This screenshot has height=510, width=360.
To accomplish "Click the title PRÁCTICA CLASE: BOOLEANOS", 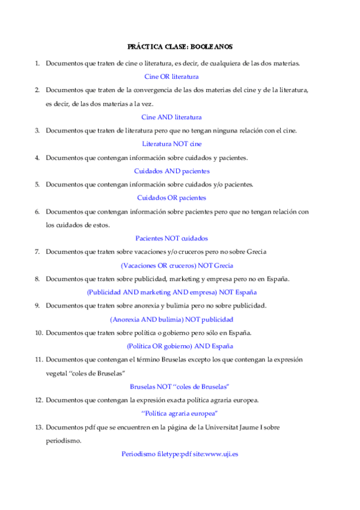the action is pos(180,46).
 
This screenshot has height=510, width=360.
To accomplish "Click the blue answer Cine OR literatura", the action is pos(171,76).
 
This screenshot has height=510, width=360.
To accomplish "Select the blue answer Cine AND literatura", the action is pos(171,117).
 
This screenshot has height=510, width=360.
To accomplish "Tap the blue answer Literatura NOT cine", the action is pos(171,144).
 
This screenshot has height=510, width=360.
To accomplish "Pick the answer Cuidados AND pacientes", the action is pos(171,171).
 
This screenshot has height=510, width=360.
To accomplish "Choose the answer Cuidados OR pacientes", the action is pos(171,197).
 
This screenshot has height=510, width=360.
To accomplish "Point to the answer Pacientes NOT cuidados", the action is pos(171,238).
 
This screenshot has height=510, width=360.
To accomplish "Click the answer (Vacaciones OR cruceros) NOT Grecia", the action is pos(177,265).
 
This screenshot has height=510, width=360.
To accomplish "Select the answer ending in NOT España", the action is pos(171,292).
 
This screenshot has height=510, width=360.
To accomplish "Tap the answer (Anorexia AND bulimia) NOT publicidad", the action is pos(171,319).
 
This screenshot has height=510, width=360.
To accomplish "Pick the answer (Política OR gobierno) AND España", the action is pos(171,346).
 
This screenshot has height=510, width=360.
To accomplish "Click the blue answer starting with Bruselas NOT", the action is pos(179,386).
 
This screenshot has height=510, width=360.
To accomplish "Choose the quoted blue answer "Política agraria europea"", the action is pos(179,413).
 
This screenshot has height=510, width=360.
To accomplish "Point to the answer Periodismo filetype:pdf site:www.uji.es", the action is pos(179,454).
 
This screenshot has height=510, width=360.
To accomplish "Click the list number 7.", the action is pos(37,251).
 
